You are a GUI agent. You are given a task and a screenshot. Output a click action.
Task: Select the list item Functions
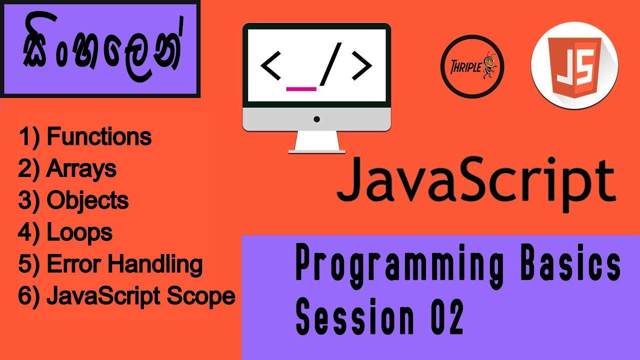(85, 137)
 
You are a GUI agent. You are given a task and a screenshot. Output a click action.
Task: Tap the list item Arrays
(67, 169)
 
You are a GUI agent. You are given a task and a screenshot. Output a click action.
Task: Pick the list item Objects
(73, 201)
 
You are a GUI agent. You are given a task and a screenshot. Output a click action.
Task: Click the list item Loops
(65, 232)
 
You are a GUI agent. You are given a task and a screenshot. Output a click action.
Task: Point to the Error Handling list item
(110, 264)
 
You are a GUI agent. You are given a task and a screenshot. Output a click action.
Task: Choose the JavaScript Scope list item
(127, 296)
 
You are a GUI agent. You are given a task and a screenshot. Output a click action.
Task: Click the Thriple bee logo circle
(472, 66)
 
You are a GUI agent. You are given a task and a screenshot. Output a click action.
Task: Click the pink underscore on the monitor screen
(301, 89)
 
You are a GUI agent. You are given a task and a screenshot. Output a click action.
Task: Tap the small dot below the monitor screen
(316, 119)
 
